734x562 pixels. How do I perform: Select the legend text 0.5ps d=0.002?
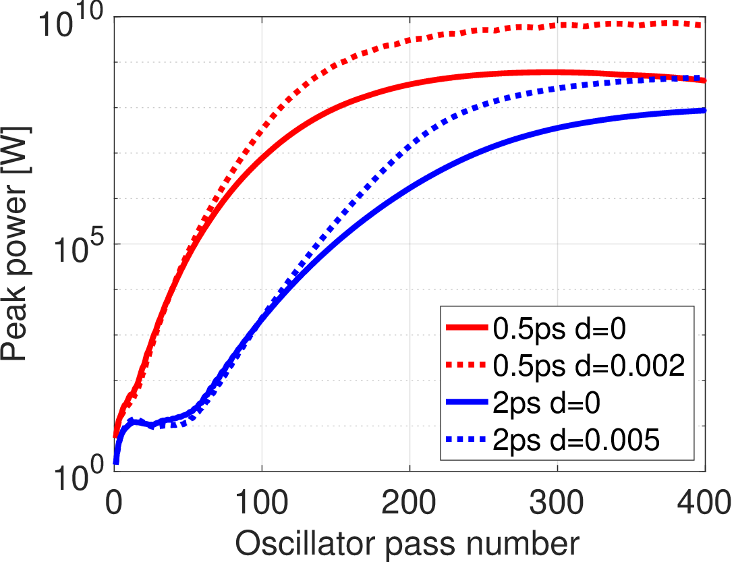pyautogui.click(x=589, y=366)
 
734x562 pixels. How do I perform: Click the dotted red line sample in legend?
pyautogui.click(x=467, y=366)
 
